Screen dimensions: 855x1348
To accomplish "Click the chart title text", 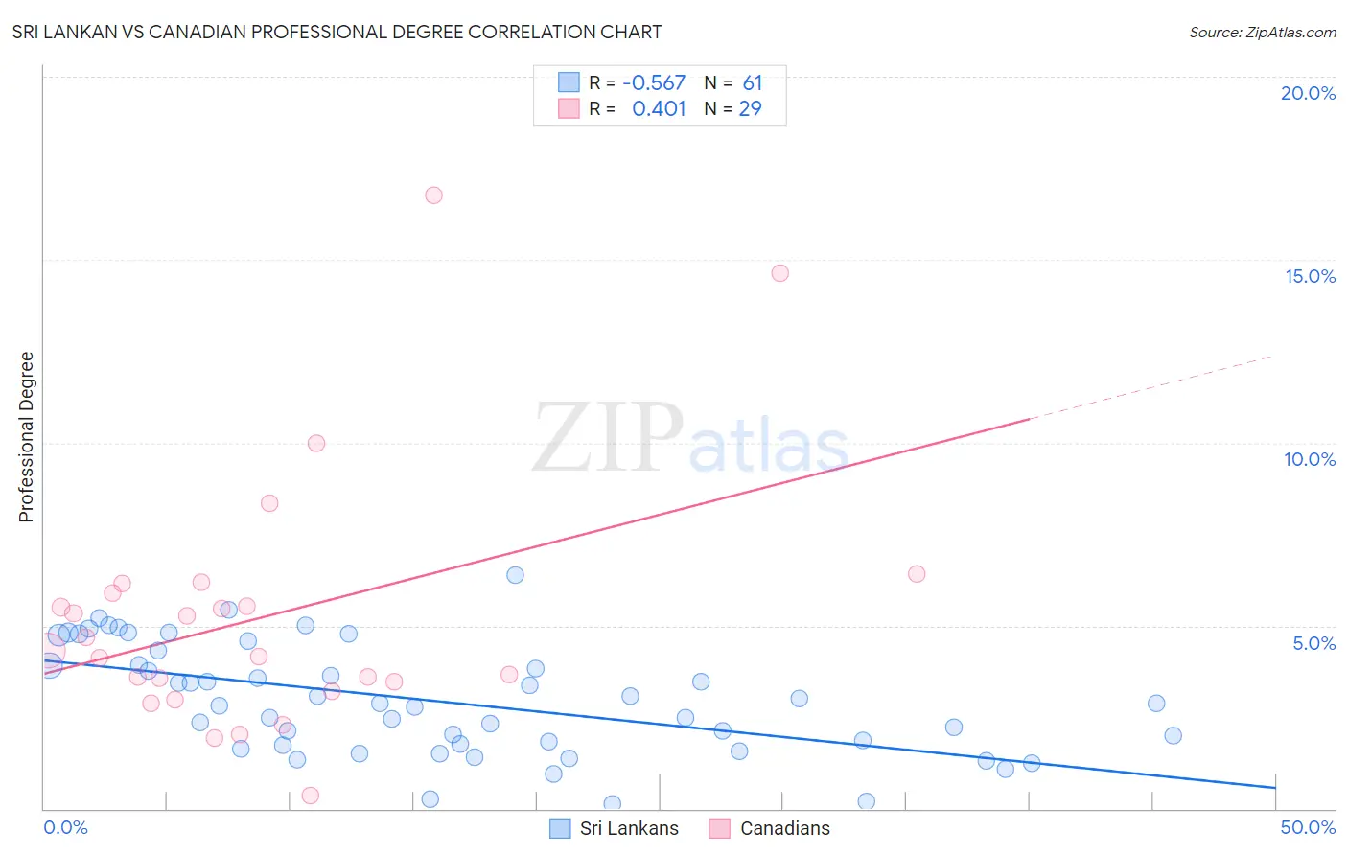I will pos(337,32).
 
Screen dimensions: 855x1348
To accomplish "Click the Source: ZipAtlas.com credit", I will pos(1262,32).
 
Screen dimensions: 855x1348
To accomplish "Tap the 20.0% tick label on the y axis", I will pos(1308,93).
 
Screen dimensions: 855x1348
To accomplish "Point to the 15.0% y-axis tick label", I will pos(1310,276).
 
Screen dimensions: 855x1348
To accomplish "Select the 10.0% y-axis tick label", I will pos(1310,459).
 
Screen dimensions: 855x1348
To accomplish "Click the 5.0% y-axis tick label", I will pos(1313,643).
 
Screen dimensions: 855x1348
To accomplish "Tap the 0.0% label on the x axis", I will pos(65,827).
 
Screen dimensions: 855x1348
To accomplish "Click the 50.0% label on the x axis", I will pos(1308,827).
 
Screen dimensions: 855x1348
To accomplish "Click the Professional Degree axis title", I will pos(26,437).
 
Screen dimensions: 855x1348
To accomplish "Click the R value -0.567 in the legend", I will pos(654,82).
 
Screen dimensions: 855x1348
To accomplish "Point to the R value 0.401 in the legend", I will pos(659,108).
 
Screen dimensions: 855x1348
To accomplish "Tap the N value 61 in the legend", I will pos(753,82).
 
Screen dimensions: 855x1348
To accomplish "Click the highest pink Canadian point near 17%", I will pos(433,196).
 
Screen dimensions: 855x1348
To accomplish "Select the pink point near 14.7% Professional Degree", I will pos(780,273).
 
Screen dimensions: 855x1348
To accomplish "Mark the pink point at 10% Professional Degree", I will pos(316,443).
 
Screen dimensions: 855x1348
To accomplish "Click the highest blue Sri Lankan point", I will pos(515,575).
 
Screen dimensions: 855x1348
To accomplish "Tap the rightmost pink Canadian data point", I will pos(917,574).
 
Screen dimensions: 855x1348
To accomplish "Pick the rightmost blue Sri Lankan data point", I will pos(1173,736).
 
